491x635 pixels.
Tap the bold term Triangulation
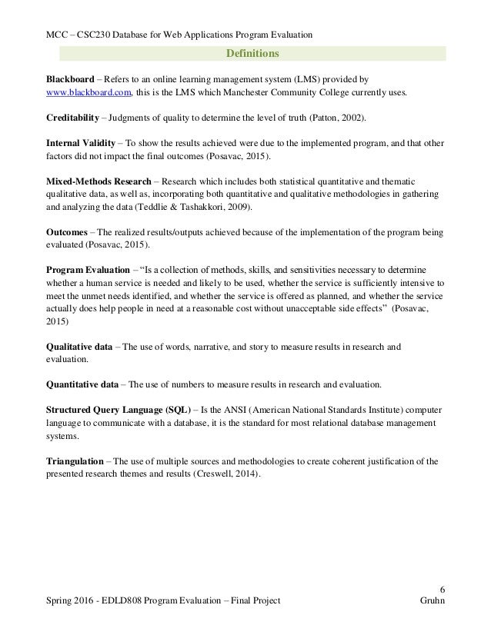73,460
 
